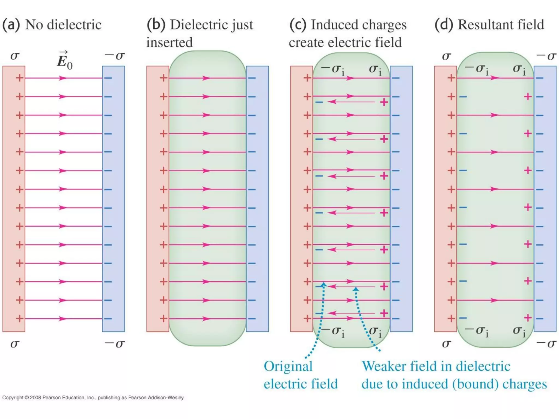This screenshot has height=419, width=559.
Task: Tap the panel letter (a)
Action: coord(11,25)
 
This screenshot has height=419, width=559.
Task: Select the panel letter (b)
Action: coord(156,25)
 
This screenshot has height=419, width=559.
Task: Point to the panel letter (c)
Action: coord(298,25)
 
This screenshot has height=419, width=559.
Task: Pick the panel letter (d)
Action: coord(444,25)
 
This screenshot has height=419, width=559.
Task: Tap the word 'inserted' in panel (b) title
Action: coord(169,42)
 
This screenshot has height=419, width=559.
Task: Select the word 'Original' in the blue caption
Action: coord(288,366)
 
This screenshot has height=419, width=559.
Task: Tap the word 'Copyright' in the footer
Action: coord(13,397)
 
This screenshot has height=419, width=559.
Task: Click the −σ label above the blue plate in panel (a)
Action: coord(115,56)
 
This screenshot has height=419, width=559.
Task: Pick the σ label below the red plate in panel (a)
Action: coord(15,344)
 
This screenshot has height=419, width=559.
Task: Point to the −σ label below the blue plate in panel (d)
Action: coord(546,344)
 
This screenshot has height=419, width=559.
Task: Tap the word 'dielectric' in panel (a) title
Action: coord(74,25)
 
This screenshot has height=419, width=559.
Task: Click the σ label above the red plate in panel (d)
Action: coord(446,56)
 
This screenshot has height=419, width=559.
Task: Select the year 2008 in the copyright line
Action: coord(35,397)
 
